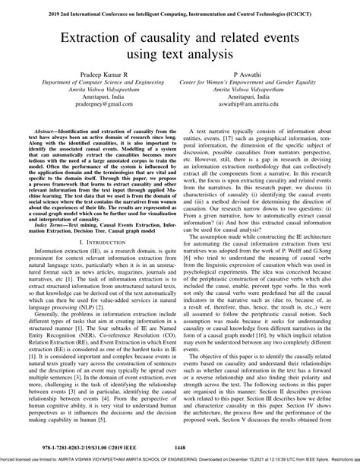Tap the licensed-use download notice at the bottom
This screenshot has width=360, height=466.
[180, 461]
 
